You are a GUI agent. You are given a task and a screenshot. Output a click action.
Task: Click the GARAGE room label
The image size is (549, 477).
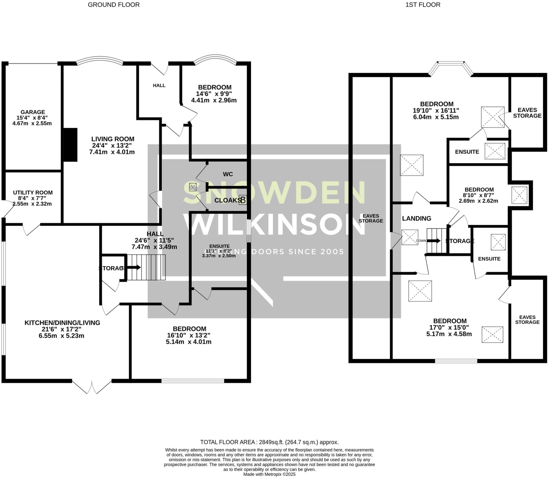[33, 112]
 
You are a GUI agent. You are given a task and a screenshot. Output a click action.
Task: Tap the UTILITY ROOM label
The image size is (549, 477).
[33, 193]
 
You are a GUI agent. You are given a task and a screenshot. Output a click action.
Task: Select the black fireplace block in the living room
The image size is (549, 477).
[70, 145]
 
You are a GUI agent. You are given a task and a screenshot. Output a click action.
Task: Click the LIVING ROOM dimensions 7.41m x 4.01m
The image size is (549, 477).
[112, 152]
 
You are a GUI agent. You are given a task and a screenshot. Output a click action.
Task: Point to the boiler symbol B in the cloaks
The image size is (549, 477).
[243, 200]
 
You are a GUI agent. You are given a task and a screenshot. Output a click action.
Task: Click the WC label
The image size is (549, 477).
[228, 174]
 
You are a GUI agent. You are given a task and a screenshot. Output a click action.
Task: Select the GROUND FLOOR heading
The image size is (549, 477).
[114, 5]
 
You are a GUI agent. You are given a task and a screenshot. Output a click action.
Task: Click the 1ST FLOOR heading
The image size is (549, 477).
[423, 5]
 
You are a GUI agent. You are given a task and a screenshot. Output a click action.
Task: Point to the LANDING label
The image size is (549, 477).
[417, 219]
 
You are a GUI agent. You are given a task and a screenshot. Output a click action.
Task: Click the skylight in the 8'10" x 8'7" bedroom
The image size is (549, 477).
[519, 195]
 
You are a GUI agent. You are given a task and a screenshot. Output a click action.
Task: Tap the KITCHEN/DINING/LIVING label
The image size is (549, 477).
[62, 323]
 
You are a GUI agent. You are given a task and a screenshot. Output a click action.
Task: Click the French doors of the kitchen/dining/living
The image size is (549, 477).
[92, 386]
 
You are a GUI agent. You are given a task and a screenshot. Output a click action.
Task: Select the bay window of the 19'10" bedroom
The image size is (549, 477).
[451, 68]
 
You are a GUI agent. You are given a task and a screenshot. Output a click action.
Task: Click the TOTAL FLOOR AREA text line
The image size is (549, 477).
[269, 442]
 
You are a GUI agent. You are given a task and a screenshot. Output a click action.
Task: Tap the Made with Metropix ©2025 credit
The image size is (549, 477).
[269, 474]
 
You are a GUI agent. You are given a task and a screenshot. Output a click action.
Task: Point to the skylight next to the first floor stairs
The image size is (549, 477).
[410, 237]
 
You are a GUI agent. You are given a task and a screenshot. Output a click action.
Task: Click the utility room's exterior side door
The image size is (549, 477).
[8, 209]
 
